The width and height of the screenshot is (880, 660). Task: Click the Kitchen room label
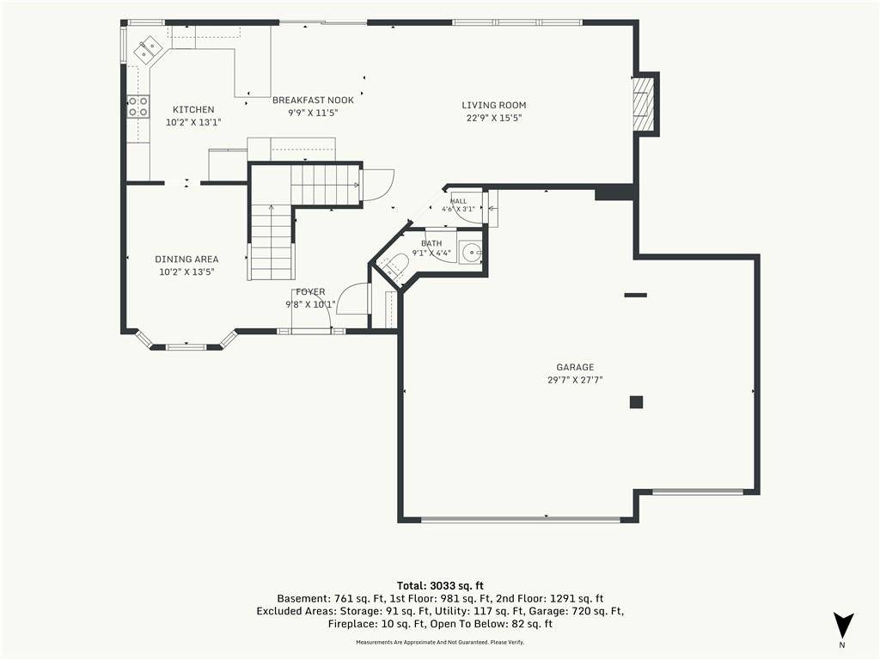tap(193, 109)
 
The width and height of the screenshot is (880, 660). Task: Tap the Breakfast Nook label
tap(313, 100)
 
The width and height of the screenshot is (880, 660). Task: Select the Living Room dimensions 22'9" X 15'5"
tap(494, 118)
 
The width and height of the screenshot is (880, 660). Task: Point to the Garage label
tap(575, 367)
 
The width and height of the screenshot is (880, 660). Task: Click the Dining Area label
tap(186, 260)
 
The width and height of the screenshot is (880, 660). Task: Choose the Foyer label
tap(310, 292)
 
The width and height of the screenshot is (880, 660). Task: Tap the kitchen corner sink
tap(148, 48)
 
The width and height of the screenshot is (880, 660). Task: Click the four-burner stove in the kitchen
tap(138, 106)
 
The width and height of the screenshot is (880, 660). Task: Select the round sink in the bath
tap(470, 254)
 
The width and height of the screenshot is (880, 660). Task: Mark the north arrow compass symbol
tap(843, 626)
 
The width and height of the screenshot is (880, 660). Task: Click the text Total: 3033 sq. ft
tap(440, 586)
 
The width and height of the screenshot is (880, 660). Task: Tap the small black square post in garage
tap(636, 402)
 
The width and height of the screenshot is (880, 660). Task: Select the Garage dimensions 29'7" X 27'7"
tap(575, 380)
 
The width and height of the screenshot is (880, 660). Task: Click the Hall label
tap(459, 201)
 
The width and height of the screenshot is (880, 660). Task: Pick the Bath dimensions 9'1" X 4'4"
tap(431, 253)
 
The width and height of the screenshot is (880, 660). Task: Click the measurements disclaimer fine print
tap(440, 642)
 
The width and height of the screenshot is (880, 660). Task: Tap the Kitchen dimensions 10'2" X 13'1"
tap(193, 122)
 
